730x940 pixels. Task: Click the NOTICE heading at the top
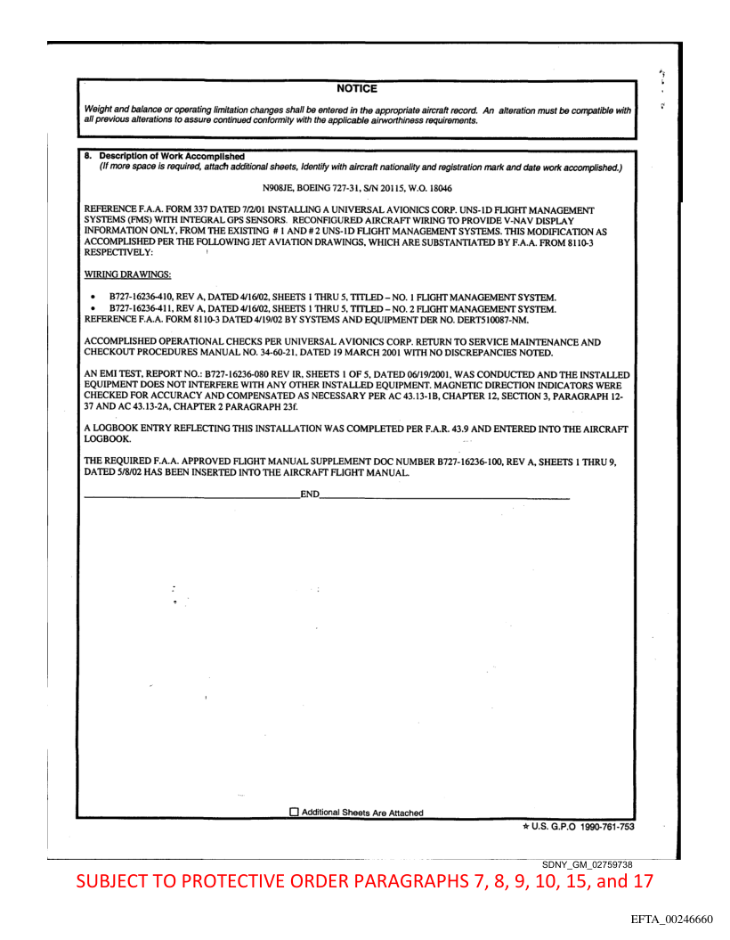pos(357,88)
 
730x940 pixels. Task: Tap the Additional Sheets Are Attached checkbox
pos(295,813)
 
